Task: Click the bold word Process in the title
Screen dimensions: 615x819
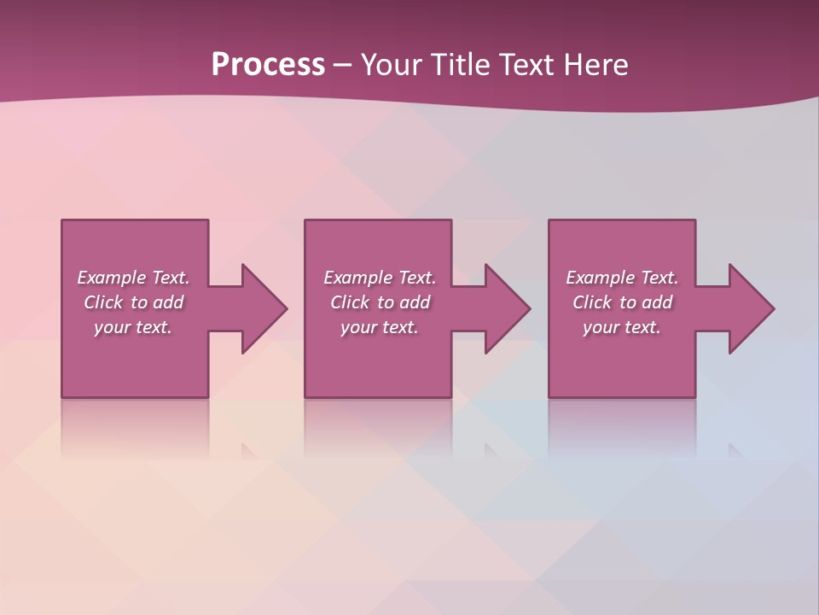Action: pyautogui.click(x=268, y=65)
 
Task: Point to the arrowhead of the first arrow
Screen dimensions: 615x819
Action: pyautogui.click(x=264, y=308)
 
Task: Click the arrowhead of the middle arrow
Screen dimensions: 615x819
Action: pyautogui.click(x=508, y=308)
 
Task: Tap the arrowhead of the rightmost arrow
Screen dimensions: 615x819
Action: pyautogui.click(x=751, y=308)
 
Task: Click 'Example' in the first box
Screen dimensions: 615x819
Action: pyautogui.click(x=112, y=278)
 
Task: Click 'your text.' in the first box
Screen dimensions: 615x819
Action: pyautogui.click(x=133, y=327)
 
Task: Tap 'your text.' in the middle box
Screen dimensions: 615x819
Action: pyautogui.click(x=380, y=327)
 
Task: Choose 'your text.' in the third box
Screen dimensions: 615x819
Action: pyautogui.click(x=622, y=327)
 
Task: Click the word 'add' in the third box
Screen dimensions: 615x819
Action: pyautogui.click(x=657, y=302)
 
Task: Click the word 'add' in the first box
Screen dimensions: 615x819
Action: pyautogui.click(x=168, y=302)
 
